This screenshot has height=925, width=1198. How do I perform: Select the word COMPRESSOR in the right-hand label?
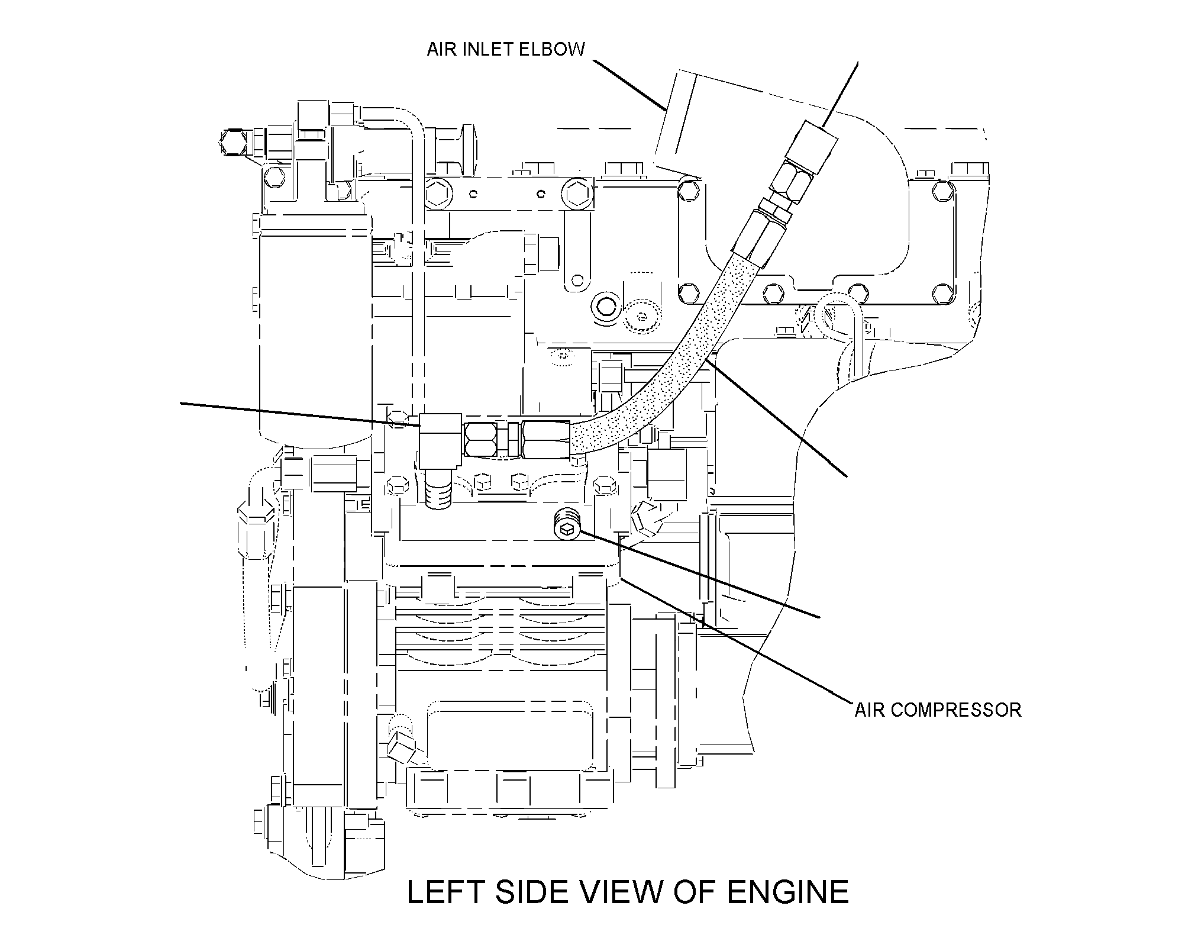coord(956,710)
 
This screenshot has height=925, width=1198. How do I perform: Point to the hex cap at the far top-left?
coord(232,143)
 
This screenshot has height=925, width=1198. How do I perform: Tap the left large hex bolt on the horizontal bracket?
coord(438,193)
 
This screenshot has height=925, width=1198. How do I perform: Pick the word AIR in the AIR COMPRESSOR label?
coord(870,710)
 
